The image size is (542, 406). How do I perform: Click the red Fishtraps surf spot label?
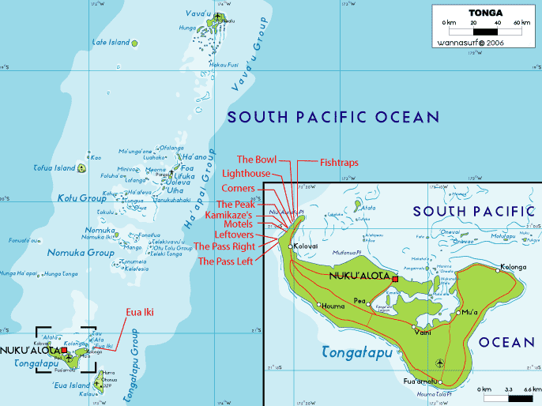pos(339,162)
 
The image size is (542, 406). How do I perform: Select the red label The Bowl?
pos(255,160)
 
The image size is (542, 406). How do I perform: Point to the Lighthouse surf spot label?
pos(247,173)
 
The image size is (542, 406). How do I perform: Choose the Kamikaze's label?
pos(229,214)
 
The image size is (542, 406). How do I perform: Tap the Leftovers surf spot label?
pos(234,235)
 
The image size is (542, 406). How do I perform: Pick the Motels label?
pos(238,224)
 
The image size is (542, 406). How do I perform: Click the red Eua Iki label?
pos(139,312)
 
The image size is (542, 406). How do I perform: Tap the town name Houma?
pos(333,305)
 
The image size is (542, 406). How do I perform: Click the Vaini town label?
pos(423,332)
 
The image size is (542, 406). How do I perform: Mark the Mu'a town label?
pos(470,313)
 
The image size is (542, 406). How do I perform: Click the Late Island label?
pos(110,42)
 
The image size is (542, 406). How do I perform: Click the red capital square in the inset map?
pos(395,279)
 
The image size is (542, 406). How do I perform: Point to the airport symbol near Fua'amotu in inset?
pos(440,363)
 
